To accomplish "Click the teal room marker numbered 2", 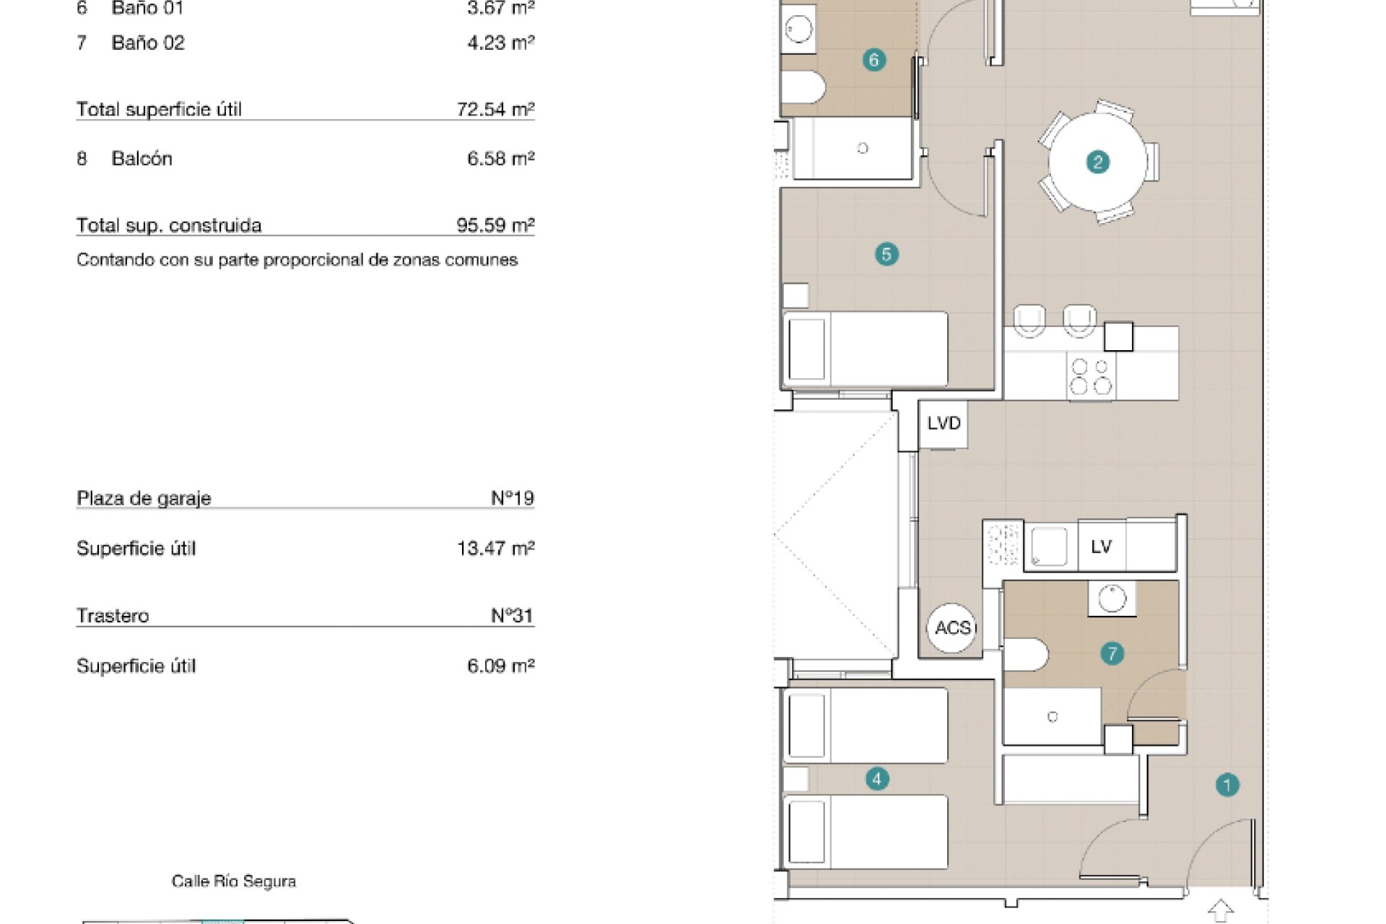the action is click(1098, 162).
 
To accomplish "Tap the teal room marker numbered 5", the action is click(886, 254).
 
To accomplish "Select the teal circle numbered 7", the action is click(1112, 654).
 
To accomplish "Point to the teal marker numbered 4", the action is click(877, 779).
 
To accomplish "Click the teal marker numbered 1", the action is click(1227, 785).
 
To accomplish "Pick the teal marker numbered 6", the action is click(874, 60).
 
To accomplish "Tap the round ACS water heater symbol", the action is click(952, 628).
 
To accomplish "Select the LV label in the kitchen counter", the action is click(1102, 547).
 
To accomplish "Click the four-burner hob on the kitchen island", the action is click(1091, 376).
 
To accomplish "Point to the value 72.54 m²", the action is click(495, 110).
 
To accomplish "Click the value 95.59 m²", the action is click(495, 225).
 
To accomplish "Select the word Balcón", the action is click(142, 159).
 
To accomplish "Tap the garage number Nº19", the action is click(513, 498).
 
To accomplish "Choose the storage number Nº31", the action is click(512, 616).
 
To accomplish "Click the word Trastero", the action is click(113, 616).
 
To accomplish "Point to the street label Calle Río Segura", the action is click(234, 881).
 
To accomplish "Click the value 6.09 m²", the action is click(501, 666).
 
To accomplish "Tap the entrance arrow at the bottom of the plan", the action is click(1221, 910).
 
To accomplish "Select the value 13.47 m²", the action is click(496, 549).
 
